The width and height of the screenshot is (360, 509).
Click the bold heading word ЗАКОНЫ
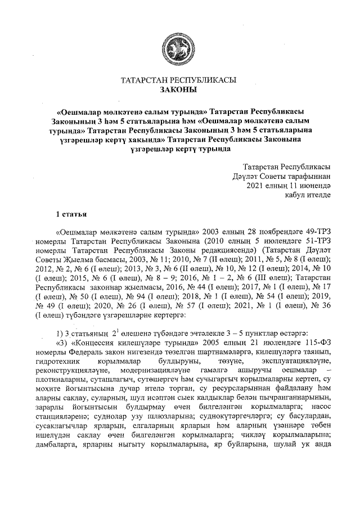tap(179, 89)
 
